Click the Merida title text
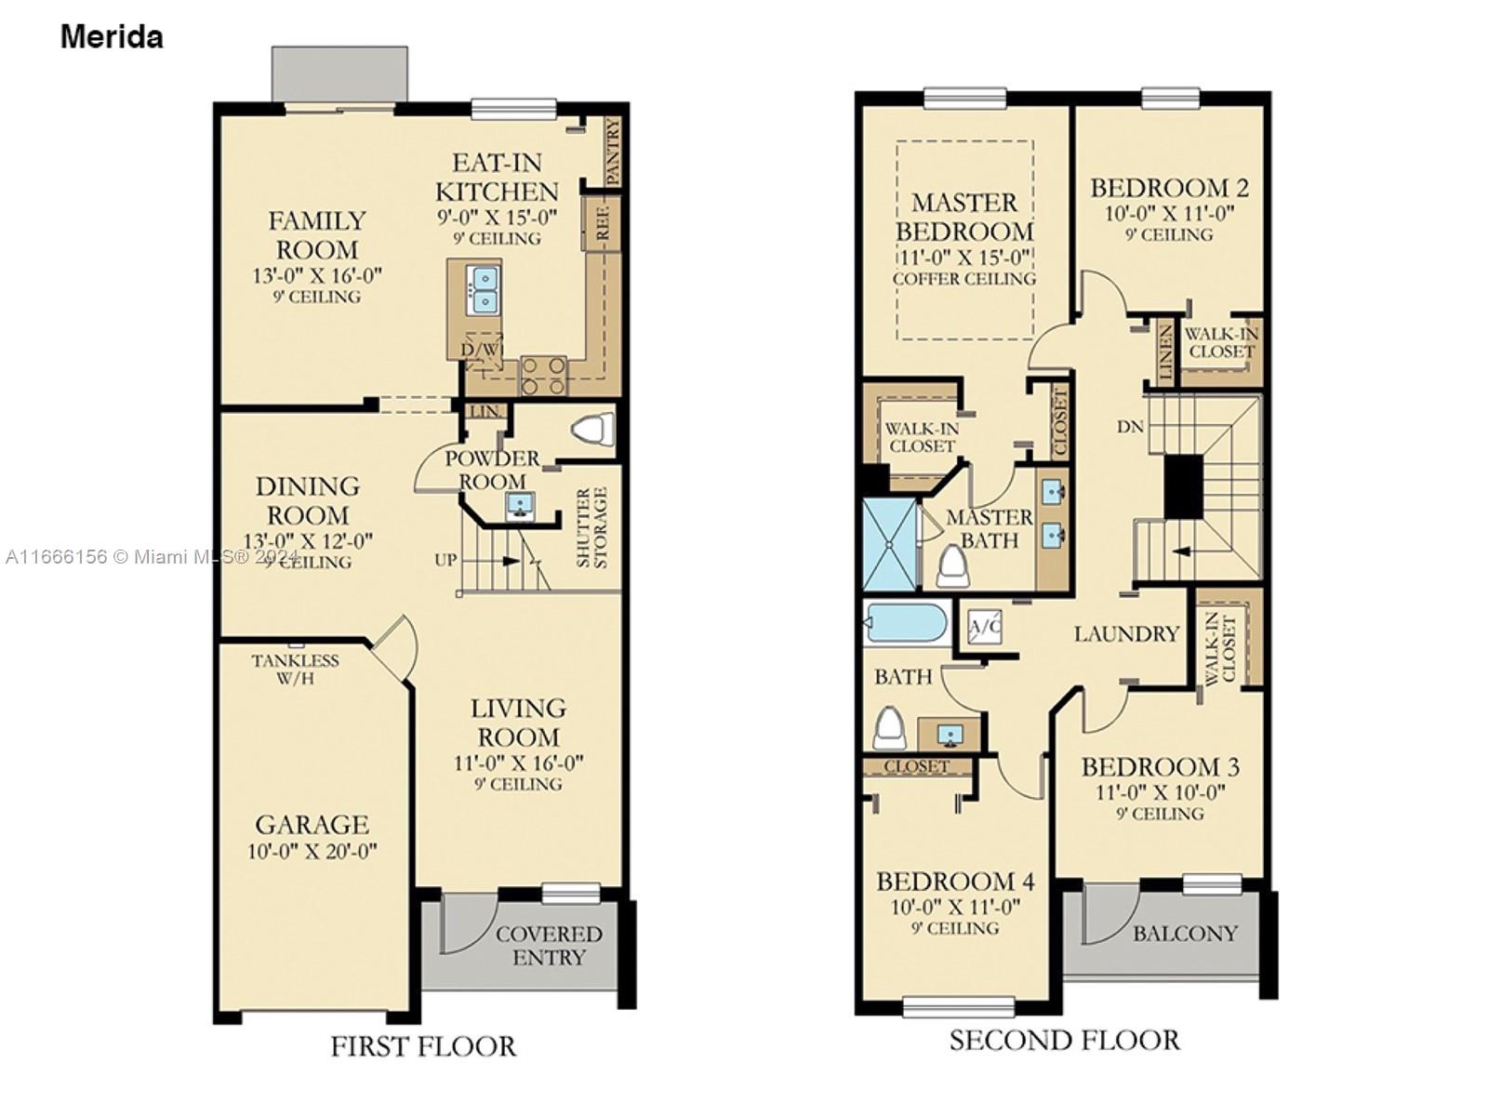pos(112,36)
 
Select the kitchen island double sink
pos(484,289)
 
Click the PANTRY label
pos(613,152)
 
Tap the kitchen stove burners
pos(542,376)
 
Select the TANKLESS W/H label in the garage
pos(295,669)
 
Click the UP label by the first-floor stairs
pos(445,560)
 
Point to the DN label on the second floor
pos(1130,426)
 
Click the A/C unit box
pos(984,627)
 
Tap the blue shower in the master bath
pos(889,544)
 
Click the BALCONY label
pos(1185,934)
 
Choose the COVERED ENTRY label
pos(549,946)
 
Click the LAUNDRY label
pos(1126,633)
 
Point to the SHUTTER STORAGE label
pos(591,528)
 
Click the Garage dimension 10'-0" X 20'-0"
pos(312,851)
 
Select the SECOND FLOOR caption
pos(1064,1040)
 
